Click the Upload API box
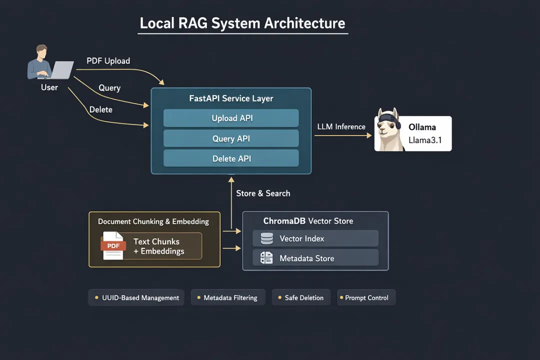231,118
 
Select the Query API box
231,138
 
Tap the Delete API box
231,158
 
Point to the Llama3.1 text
425,140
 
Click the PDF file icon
113,245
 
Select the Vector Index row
315,238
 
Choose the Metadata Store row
315,258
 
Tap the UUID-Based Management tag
136,297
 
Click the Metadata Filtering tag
227,297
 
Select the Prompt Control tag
366,297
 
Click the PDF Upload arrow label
108,61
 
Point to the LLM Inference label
341,127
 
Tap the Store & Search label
263,193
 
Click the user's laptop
61,70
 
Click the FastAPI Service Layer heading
231,98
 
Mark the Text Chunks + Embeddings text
158,246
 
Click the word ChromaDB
284,221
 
